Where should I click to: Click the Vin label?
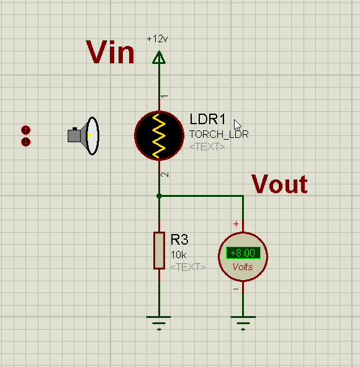(x=110, y=52)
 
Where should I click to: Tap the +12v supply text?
(x=157, y=39)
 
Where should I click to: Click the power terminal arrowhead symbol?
(x=159, y=57)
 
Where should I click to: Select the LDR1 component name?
(x=207, y=119)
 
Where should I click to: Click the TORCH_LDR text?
(x=219, y=134)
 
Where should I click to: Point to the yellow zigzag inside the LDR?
(x=159, y=136)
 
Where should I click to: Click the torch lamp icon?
(x=84, y=136)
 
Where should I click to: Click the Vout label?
(x=279, y=184)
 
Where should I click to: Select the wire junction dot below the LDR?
(x=159, y=196)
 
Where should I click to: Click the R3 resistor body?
(x=159, y=250)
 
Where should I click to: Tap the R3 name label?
(x=179, y=240)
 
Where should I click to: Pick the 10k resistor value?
(x=179, y=255)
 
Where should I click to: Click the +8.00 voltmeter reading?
(x=243, y=253)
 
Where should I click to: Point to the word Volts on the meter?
(x=243, y=267)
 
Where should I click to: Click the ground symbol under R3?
(x=159, y=323)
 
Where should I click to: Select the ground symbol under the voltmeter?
(x=243, y=323)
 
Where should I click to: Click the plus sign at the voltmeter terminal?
(x=236, y=224)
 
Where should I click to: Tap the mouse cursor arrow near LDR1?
(x=237, y=125)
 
